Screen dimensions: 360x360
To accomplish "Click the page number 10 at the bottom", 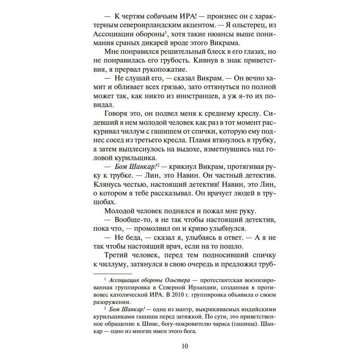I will [184, 346].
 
